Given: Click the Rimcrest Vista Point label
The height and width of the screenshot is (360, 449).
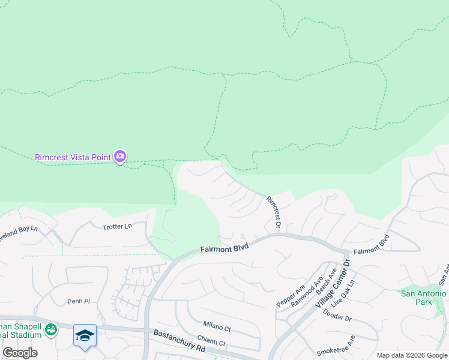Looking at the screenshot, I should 73,157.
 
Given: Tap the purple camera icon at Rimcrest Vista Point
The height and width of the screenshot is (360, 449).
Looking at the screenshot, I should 120,157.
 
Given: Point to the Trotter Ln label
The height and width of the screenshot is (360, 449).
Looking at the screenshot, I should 117,226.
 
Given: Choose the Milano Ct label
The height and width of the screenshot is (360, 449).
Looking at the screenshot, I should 217,328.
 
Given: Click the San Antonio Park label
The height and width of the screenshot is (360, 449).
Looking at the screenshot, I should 424,297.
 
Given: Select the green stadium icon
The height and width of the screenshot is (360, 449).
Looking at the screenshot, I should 52,329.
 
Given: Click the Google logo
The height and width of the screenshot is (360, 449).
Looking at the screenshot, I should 20,353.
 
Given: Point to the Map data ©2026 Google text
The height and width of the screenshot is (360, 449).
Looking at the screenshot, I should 412,355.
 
